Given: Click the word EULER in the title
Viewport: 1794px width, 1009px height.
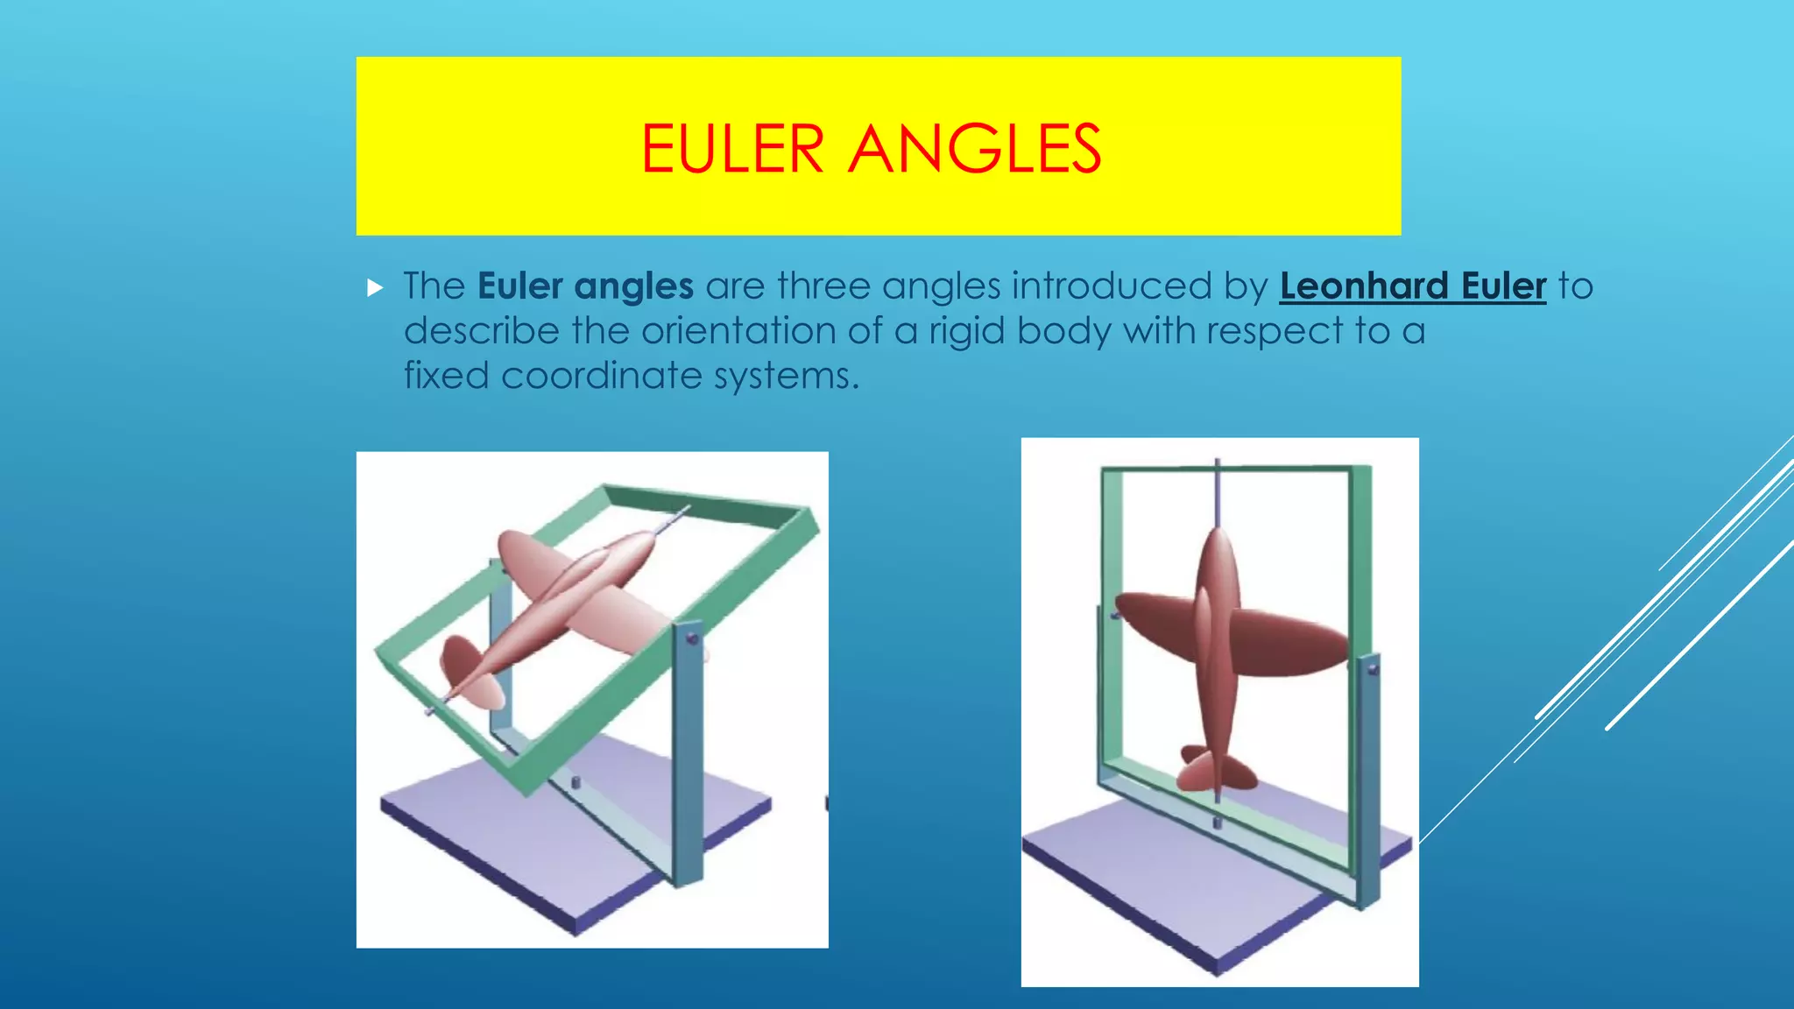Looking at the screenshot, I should coord(732,149).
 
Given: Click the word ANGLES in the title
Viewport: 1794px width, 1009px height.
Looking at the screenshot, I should coord(975,149).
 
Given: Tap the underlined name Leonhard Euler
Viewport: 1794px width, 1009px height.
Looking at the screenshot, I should coord(1412,286).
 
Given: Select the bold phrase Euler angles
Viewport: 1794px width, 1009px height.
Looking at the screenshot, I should coord(585,286).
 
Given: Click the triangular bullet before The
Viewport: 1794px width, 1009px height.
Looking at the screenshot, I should coord(375,287).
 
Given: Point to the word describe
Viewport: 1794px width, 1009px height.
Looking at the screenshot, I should coord(481,331).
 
